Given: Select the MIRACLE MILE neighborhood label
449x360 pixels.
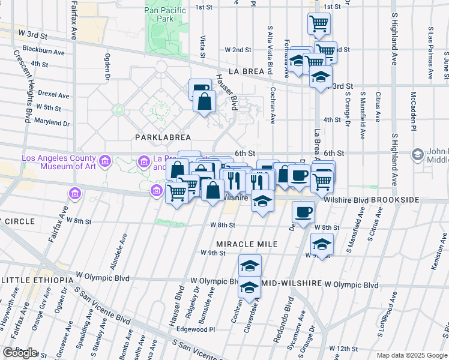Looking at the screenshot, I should point(247,244).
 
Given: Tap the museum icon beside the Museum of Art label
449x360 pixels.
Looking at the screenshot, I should point(105,161).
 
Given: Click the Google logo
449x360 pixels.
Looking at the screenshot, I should point(20,353).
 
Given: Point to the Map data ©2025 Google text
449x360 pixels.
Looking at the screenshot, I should point(411,355).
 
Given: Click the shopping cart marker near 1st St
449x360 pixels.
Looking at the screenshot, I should point(319,23).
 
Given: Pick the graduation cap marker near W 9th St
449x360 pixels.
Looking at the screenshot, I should point(322,244).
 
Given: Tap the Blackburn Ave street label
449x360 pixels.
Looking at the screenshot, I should point(43,51).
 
